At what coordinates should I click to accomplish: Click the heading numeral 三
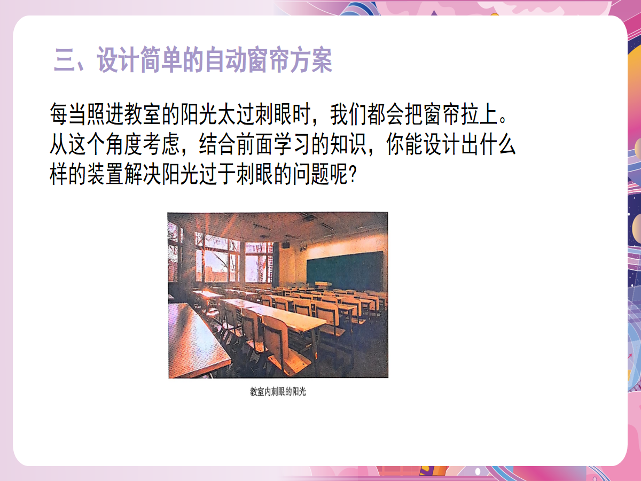coord(65,60)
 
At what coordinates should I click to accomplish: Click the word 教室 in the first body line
coord(143,114)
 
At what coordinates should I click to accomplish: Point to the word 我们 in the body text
coord(348,114)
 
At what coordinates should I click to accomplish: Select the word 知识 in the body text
coord(348,144)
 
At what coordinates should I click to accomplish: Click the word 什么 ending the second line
coord(498,144)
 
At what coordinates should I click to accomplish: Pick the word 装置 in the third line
coord(105,174)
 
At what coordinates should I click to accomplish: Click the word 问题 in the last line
coord(311,174)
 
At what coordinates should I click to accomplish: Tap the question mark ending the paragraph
coord(353,174)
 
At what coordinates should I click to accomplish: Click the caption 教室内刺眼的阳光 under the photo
coord(278,392)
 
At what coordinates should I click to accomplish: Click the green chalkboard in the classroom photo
coord(345,271)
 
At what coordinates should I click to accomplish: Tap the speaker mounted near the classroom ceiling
coord(286,245)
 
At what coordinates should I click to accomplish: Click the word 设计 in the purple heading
coord(118,59)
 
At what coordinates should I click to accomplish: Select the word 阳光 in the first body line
coord(199,114)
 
